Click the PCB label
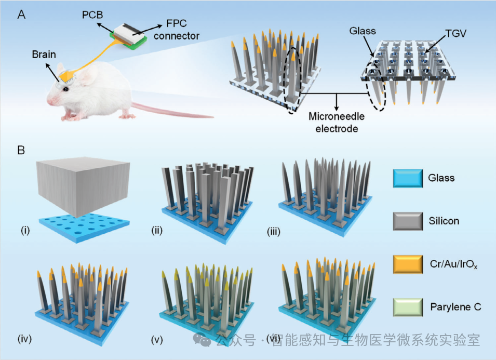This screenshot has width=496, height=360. [92, 15]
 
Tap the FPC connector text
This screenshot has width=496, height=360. [177, 30]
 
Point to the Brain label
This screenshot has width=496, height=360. [44, 55]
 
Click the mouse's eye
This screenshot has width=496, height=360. [65, 89]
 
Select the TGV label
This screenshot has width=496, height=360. [455, 34]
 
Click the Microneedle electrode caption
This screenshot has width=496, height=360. [337, 123]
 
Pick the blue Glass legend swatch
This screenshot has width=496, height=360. [408, 178]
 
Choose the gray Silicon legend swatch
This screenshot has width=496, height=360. [408, 221]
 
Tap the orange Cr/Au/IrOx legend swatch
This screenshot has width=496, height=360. [408, 264]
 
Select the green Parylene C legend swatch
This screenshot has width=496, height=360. [408, 307]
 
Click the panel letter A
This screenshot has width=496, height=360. [21, 15]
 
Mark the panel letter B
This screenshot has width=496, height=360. [21, 150]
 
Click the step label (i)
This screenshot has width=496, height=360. [25, 231]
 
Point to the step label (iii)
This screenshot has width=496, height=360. [274, 232]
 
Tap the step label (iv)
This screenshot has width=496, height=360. [25, 339]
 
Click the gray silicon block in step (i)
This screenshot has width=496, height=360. [83, 186]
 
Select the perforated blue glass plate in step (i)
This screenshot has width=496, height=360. [84, 228]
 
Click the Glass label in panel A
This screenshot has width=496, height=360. [363, 31]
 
